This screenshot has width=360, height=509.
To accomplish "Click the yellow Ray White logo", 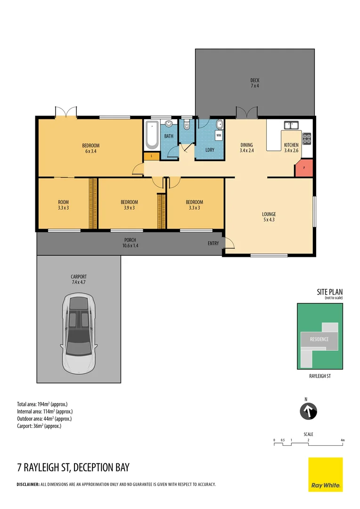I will coord(325,474).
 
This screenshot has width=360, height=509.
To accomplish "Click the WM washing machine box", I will coord(219,135).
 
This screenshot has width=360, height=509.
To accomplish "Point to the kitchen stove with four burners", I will coord(306,138).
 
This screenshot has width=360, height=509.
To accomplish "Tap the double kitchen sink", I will coord(291,125).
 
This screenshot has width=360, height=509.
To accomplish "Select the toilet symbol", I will coord(187,126).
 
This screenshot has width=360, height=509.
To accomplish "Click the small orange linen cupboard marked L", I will coord(151,155).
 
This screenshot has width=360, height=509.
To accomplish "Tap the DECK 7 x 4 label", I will coord(254,83).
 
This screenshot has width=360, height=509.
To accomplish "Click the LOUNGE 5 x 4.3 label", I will coord(269,217).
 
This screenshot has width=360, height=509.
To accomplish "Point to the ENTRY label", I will coord(213,243).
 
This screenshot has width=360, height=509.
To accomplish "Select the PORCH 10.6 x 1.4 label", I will coord(130,243).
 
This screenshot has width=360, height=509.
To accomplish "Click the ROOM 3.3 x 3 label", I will coord(63,205).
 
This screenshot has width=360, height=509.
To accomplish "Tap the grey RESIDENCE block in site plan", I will coord(319,339).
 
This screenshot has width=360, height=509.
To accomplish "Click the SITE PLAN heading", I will coord(329,292).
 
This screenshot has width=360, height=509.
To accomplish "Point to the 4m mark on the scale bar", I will coord(343,440).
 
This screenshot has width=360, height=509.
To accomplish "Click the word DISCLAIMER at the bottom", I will coord(28,484).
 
